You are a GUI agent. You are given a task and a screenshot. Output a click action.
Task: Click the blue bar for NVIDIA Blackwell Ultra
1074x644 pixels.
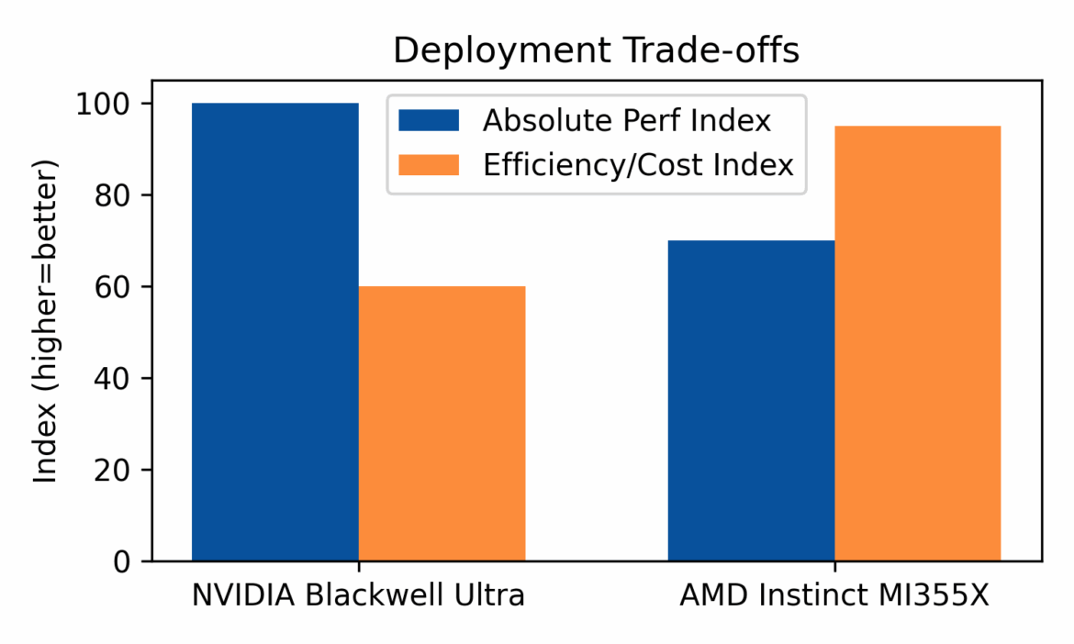point(274,331)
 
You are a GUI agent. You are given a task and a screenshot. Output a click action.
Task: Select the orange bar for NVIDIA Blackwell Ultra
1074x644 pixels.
point(442,423)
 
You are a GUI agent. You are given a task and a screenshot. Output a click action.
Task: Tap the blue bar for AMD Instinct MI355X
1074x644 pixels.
point(751,400)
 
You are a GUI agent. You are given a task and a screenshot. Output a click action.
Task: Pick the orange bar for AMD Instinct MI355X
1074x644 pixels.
point(917,343)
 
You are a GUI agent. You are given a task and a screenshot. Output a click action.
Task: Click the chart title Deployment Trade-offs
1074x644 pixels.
point(596,51)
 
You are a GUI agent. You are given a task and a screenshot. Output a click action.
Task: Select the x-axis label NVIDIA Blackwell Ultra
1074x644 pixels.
point(358,595)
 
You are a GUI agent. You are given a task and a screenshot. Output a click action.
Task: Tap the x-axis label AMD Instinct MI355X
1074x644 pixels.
point(834,595)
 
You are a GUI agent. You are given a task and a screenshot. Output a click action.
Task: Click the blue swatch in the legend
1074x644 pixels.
point(428,120)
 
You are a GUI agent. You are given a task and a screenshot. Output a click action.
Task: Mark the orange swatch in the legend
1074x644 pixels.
point(428,165)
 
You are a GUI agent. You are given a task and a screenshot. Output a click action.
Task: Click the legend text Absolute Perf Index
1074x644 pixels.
point(627,120)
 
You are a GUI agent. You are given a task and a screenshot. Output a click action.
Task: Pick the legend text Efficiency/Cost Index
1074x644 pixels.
point(638,165)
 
